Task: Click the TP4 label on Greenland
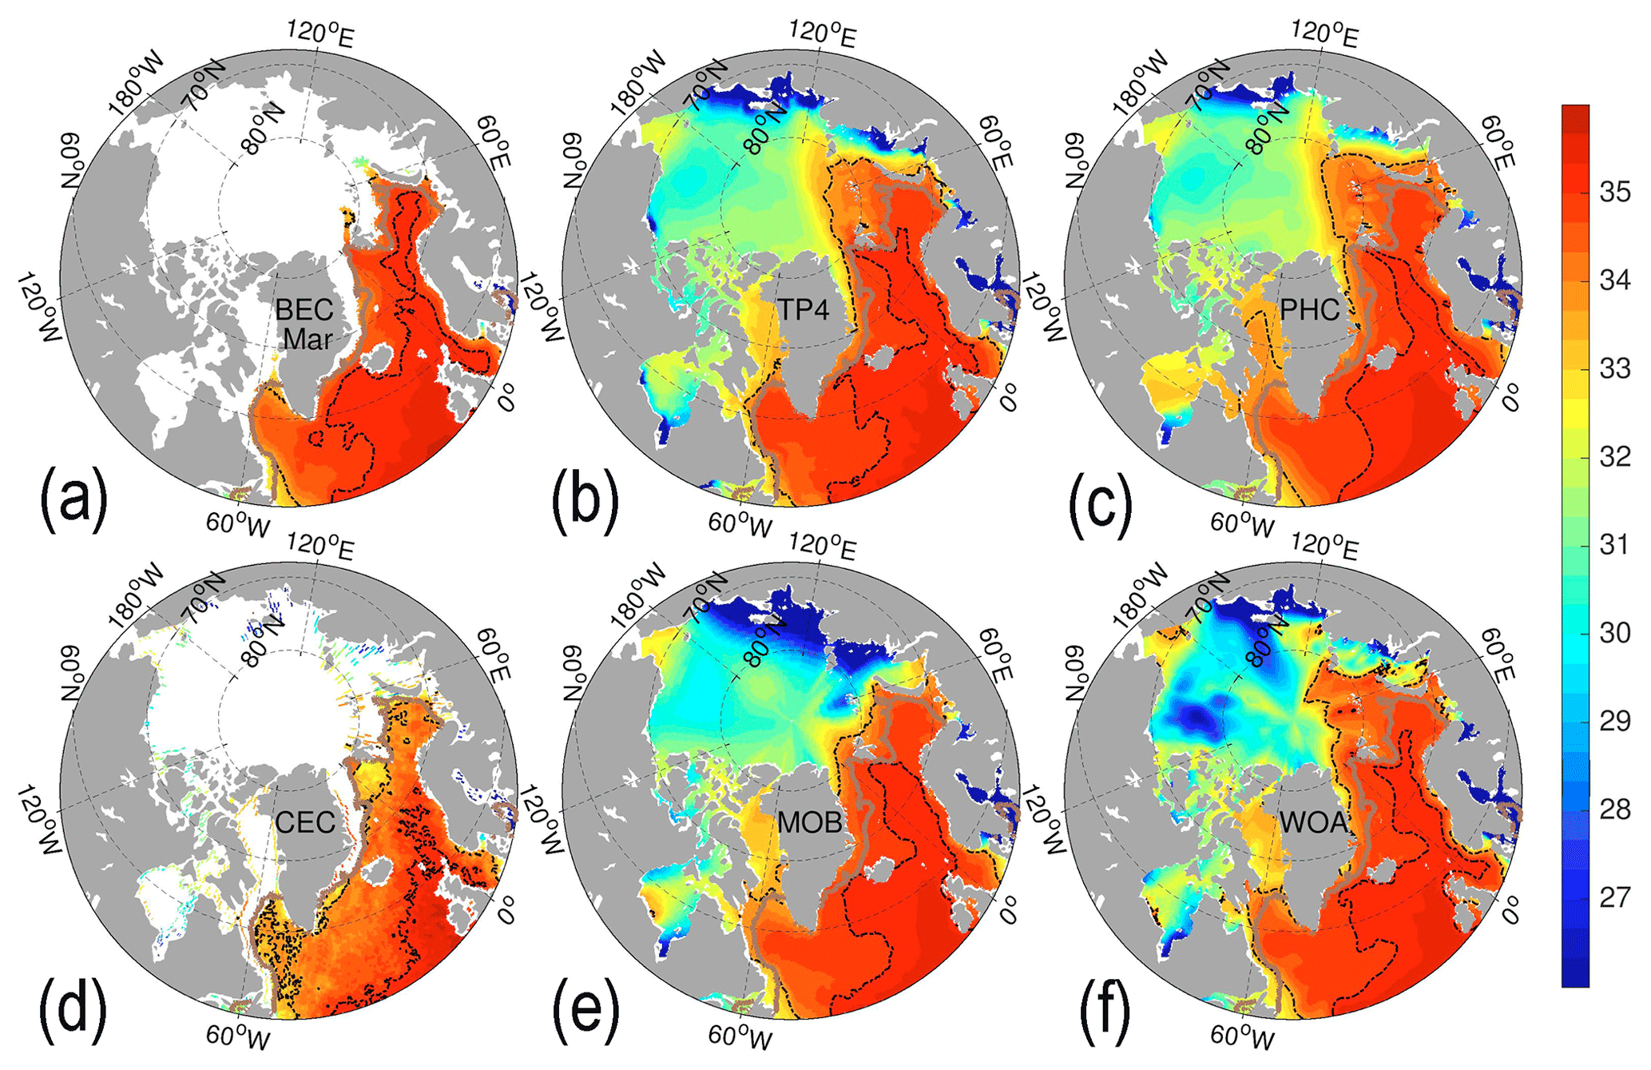tap(804, 309)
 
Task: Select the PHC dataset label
tap(1310, 309)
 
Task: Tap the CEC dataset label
tap(305, 822)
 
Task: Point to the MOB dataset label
tap(809, 822)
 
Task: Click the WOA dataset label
tap(1314, 822)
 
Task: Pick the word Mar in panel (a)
tap(308, 340)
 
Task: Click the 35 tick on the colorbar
tap(1614, 192)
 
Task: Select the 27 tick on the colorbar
tap(1614, 897)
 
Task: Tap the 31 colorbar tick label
tap(1614, 545)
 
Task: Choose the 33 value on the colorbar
tap(1614, 368)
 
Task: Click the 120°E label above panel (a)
tap(321, 34)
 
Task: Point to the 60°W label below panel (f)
tap(1243, 1038)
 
